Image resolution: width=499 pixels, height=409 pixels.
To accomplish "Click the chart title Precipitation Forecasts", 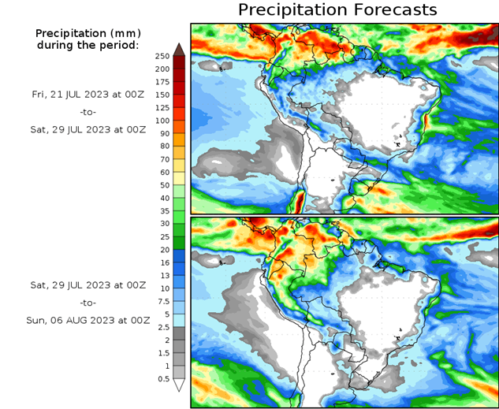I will tap(337, 10).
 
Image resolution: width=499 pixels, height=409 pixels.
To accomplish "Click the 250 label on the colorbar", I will tap(162, 56).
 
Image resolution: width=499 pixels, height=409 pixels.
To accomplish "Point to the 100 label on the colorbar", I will tap(162, 121).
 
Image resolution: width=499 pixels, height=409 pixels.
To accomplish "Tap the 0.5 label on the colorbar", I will tap(162, 379).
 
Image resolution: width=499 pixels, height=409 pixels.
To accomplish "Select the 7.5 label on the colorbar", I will tap(162, 302).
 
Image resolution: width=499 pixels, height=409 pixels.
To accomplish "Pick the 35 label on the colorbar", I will tap(162, 211).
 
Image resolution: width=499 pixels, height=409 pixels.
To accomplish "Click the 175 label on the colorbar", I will tap(162, 82).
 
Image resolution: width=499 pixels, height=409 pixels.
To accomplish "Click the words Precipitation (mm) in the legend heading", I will tap(87, 34).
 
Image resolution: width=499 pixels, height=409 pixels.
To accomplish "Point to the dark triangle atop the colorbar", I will tap(179, 50).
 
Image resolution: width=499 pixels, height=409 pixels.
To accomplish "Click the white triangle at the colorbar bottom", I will tap(179, 385).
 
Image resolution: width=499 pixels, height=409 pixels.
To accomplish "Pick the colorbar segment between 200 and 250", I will tap(179, 62).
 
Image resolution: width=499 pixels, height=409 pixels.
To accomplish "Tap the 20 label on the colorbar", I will tap(162, 250).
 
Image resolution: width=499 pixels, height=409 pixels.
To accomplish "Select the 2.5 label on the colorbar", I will tap(162, 327).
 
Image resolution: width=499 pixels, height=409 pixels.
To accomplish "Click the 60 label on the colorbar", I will tap(162, 173).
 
